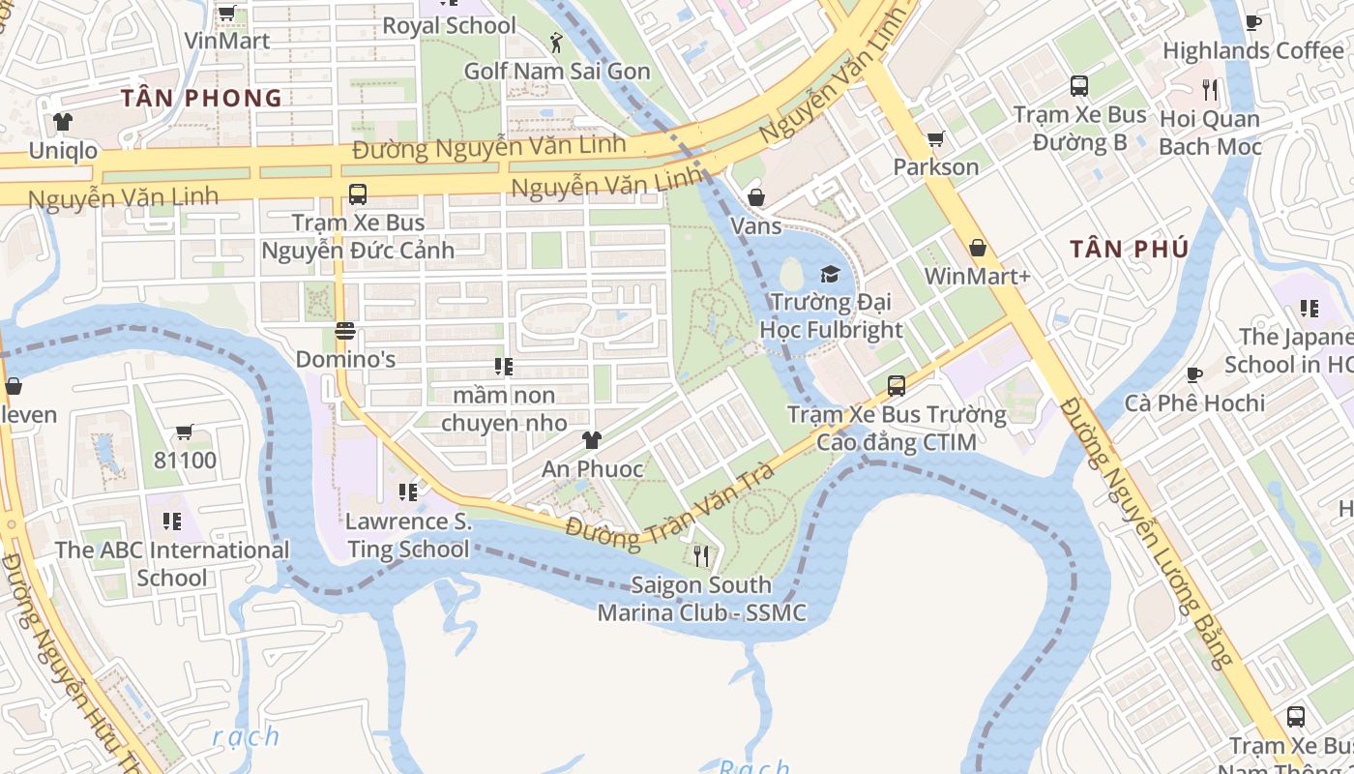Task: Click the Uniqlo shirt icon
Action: pyautogui.click(x=63, y=122)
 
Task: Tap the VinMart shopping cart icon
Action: pyautogui.click(x=226, y=13)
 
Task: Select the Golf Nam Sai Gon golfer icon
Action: pyautogui.click(x=556, y=43)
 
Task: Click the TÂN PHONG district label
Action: pyautogui.click(x=201, y=98)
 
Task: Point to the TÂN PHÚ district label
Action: pyautogui.click(x=1129, y=249)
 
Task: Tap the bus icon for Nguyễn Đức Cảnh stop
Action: pyautogui.click(x=358, y=193)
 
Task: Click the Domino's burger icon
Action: pyautogui.click(x=345, y=331)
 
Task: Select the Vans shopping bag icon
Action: pyautogui.click(x=756, y=197)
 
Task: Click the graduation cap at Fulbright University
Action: pyautogui.click(x=830, y=274)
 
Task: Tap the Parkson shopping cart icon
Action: pyautogui.click(x=935, y=139)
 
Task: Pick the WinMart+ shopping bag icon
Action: pyautogui.click(x=978, y=248)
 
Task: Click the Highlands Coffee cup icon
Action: pyautogui.click(x=1253, y=22)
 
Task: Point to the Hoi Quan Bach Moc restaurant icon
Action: pyautogui.click(x=1210, y=90)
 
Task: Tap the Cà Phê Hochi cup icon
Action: pyautogui.click(x=1194, y=374)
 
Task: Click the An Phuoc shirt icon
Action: pyautogui.click(x=592, y=440)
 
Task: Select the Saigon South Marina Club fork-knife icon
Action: pyautogui.click(x=701, y=556)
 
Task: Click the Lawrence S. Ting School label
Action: pyautogui.click(x=408, y=535)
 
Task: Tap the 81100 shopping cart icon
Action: pyautogui.click(x=185, y=432)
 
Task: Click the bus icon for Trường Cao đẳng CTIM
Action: pyautogui.click(x=897, y=386)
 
